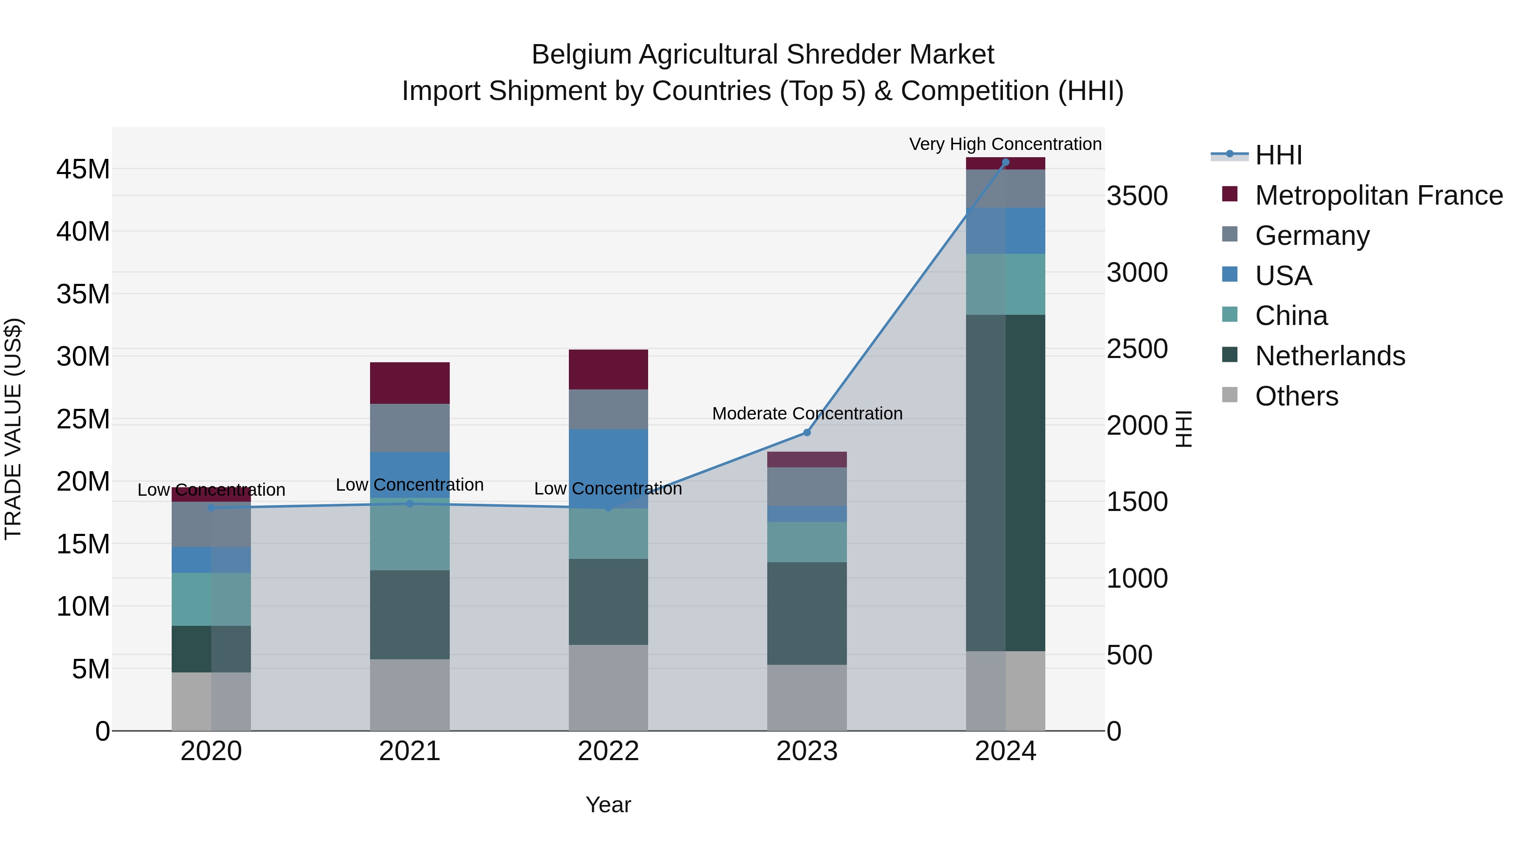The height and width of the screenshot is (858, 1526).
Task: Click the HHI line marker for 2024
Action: [x=1005, y=162]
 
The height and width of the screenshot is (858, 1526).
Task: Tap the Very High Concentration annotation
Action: [x=1005, y=144]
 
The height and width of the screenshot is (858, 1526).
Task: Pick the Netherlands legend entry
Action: [x=1329, y=356]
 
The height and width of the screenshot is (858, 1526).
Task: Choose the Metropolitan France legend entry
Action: [x=1378, y=195]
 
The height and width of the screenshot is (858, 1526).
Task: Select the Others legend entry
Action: [x=1296, y=396]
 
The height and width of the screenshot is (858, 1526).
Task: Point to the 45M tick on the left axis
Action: [x=83, y=169]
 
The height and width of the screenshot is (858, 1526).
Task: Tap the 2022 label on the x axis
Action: [x=608, y=751]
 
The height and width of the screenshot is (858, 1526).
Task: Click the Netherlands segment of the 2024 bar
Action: [x=1005, y=483]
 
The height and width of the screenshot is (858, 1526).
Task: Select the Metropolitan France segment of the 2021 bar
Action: [x=409, y=383]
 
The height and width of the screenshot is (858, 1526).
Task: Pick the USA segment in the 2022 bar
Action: [x=608, y=468]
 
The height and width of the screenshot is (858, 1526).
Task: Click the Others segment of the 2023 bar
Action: [x=807, y=697]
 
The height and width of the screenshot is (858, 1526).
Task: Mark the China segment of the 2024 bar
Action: [x=1005, y=284]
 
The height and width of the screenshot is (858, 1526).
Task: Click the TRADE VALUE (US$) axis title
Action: [x=13, y=429]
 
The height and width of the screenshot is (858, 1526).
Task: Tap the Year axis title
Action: [x=608, y=805]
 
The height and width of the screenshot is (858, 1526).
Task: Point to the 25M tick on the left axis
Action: [x=83, y=419]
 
